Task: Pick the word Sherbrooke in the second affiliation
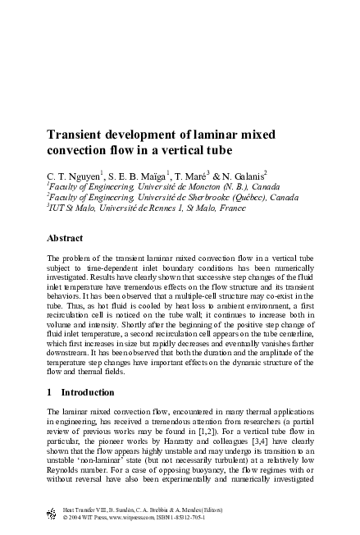click(x=219, y=198)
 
